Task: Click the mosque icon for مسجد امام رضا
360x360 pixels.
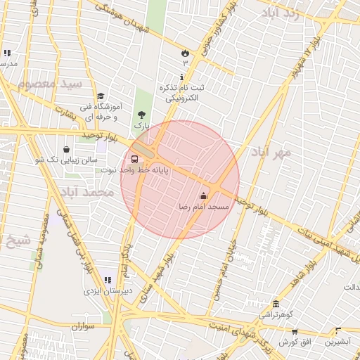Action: tap(204, 195)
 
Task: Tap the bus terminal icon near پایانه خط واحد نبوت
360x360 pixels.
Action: tap(135, 158)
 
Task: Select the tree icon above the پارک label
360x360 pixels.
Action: tap(142, 114)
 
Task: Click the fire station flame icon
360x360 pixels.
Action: tap(185, 53)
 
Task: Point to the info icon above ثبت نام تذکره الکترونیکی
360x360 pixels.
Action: tap(182, 77)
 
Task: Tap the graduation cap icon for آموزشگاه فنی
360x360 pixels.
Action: tap(101, 96)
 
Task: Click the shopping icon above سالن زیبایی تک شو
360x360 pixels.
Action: tap(66, 149)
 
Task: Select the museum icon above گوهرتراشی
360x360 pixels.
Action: tap(276, 304)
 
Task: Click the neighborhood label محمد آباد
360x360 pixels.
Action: tap(87, 192)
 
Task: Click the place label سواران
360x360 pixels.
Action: tap(83, 327)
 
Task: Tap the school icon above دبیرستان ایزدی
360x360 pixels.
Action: tap(107, 280)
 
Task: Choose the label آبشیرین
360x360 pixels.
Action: tap(338, 342)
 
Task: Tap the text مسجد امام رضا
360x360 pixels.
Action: tap(204, 207)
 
